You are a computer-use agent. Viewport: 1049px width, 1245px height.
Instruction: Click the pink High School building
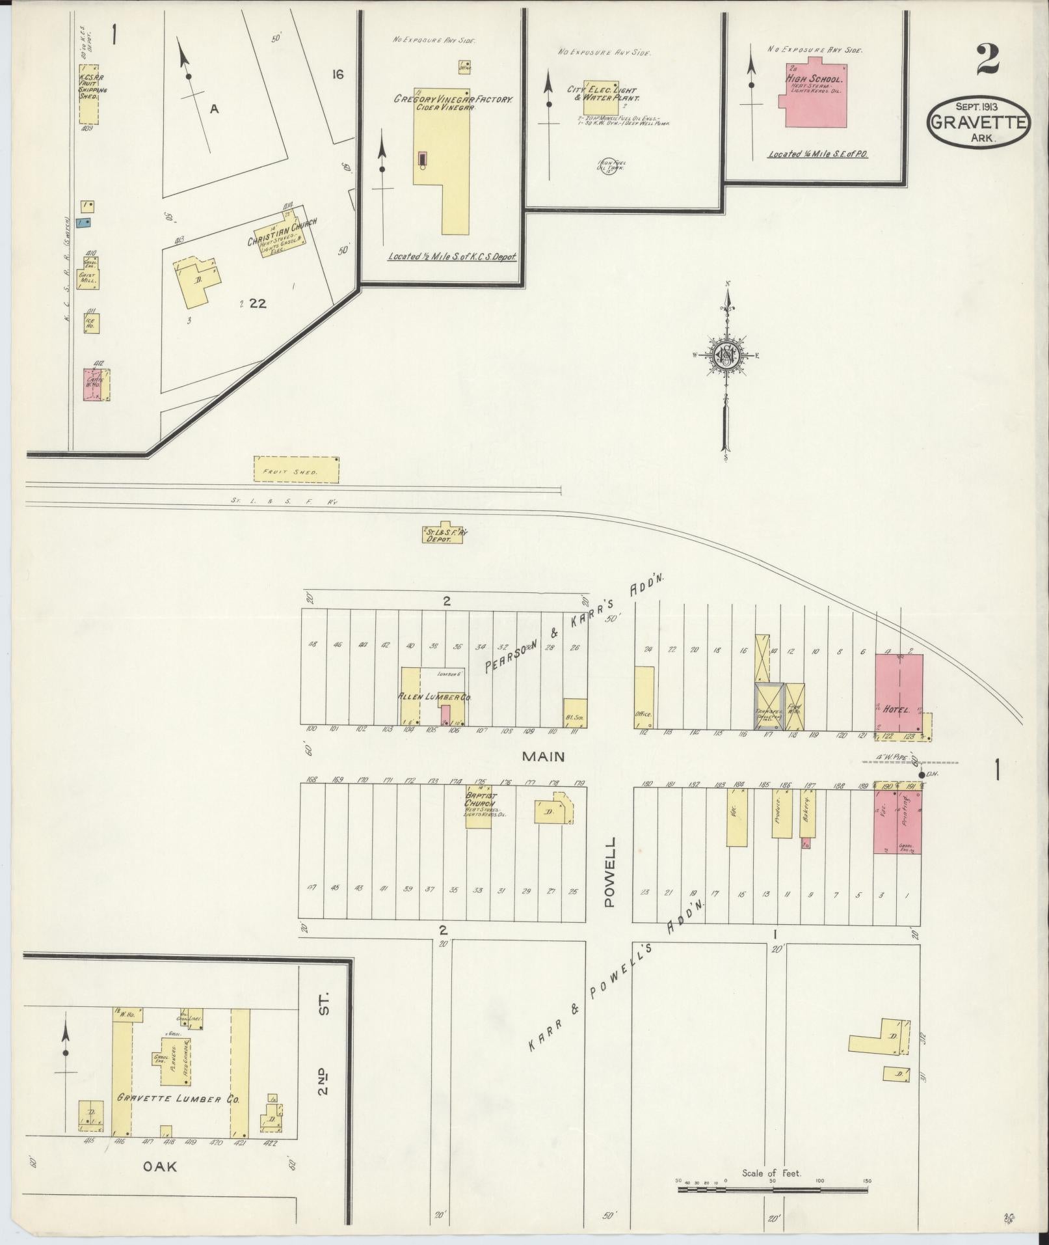coord(816,101)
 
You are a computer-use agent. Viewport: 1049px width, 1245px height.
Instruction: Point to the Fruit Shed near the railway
coord(296,469)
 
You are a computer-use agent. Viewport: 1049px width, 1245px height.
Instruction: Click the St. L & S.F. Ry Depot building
coord(445,534)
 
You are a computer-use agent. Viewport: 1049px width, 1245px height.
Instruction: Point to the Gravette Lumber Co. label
coord(178,1098)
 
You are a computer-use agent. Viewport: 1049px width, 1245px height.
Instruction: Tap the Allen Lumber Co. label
coord(434,696)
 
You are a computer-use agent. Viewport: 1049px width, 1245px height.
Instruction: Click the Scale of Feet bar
coord(772,1190)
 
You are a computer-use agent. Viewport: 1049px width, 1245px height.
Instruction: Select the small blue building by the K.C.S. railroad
coord(84,223)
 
